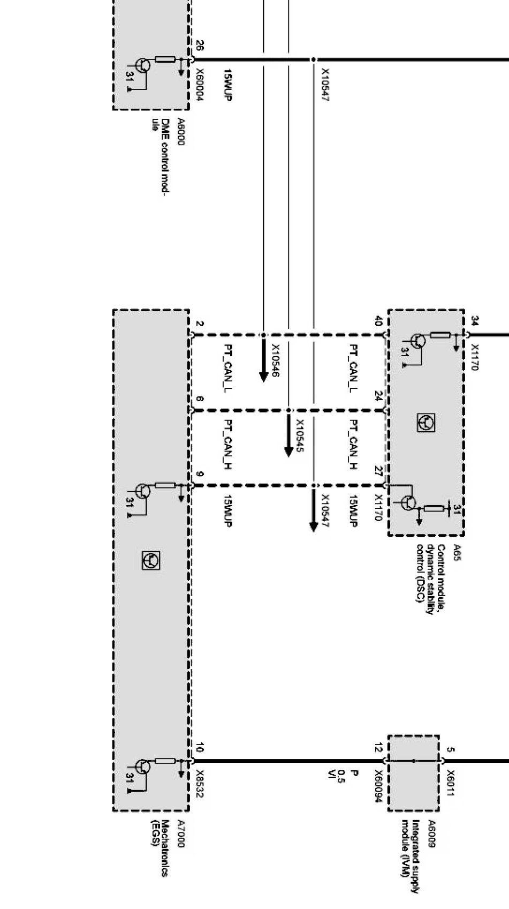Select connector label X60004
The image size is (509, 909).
coord(200,85)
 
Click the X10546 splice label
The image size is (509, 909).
coord(276,360)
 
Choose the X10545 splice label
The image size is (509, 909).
coord(300,435)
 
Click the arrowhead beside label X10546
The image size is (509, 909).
coord(263,375)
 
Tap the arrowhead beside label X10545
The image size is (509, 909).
coord(288,450)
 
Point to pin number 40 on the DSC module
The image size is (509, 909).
coord(378,321)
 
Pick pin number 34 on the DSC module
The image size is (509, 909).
coord(474,321)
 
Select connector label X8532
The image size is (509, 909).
coord(200,785)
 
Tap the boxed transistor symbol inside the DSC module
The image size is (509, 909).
coord(426,423)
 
